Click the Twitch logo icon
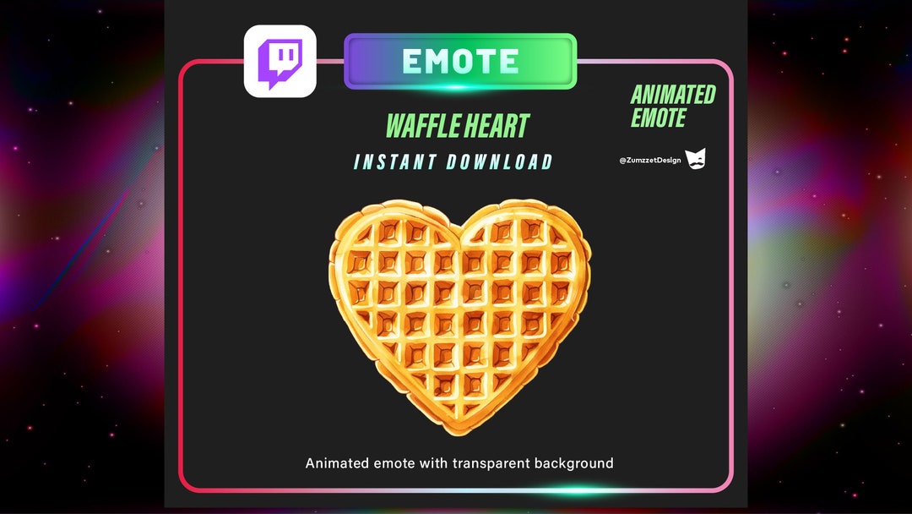pos(280,61)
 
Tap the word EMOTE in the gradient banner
pos(460,61)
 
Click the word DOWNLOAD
pos(500,162)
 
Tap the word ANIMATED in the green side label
pos(673,95)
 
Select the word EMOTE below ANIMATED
pos(659,118)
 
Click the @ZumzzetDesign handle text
pos(649,160)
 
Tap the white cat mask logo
pos(695,158)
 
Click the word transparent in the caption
pos(493,463)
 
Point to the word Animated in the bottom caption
pos(336,463)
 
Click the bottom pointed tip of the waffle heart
pos(460,433)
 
